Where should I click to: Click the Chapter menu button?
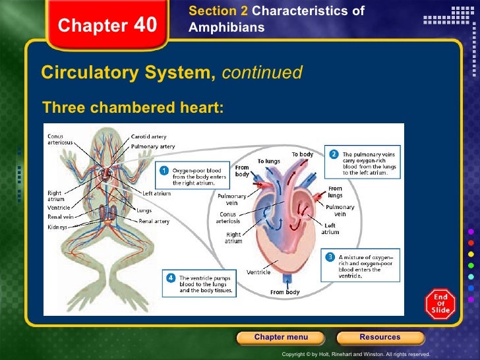click(x=280, y=338)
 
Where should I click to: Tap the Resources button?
click(x=379, y=338)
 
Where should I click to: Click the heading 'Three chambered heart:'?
click(x=133, y=107)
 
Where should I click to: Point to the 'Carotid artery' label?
click(x=149, y=137)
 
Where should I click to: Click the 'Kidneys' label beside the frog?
click(x=58, y=226)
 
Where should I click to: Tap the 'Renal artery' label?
click(x=154, y=222)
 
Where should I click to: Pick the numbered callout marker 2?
click(x=334, y=154)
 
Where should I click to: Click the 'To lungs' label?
click(x=269, y=161)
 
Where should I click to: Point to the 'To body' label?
click(x=303, y=154)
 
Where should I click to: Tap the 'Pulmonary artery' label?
click(x=154, y=146)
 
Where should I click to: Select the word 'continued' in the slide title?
click(x=262, y=73)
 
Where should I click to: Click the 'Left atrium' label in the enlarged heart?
click(x=330, y=228)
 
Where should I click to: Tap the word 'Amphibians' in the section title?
click(x=226, y=28)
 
